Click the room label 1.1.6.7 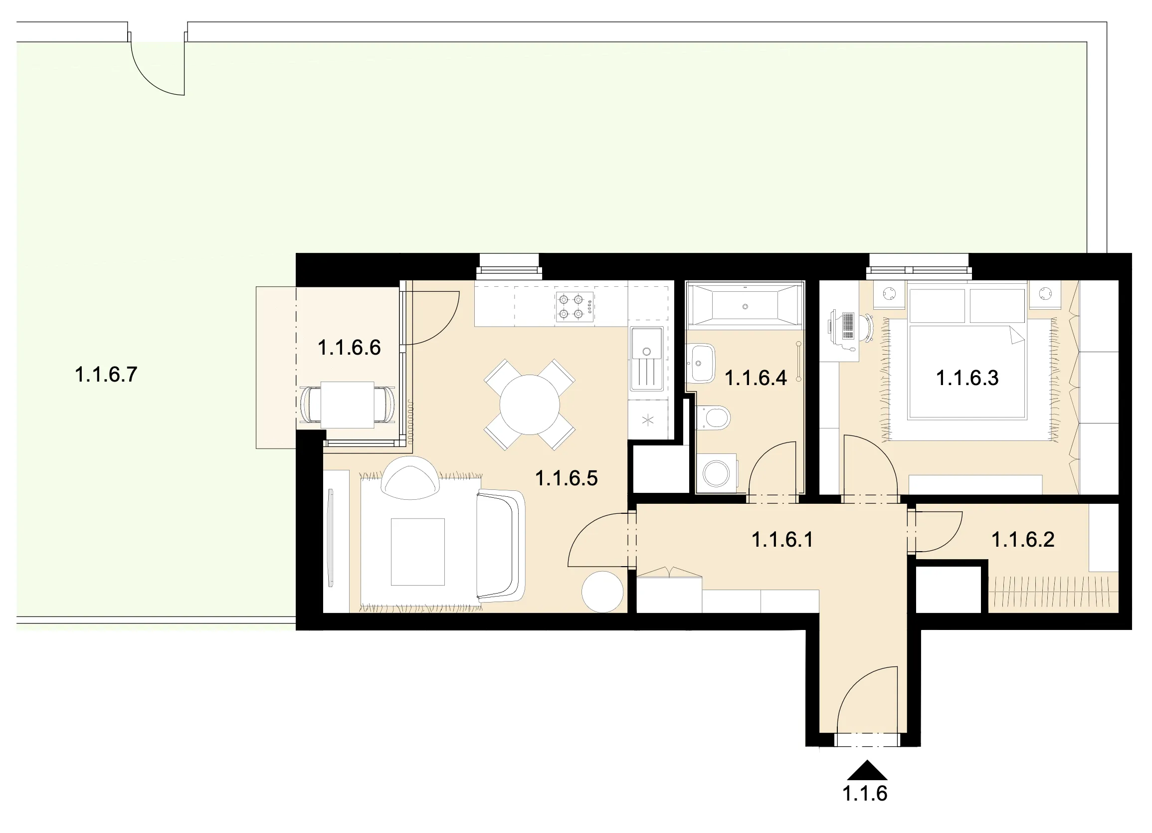(106, 375)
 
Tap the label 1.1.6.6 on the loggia (349, 348)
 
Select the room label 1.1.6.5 (567, 478)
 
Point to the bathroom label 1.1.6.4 (756, 379)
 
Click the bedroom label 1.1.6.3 (967, 379)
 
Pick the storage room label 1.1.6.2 (1023, 540)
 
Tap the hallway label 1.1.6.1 (782, 540)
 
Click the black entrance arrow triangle (867, 770)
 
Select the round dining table (530, 405)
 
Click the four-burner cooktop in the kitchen (575, 307)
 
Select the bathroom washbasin (701, 363)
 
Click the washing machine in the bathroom (716, 473)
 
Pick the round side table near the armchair (602, 592)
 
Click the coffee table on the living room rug (417, 552)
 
